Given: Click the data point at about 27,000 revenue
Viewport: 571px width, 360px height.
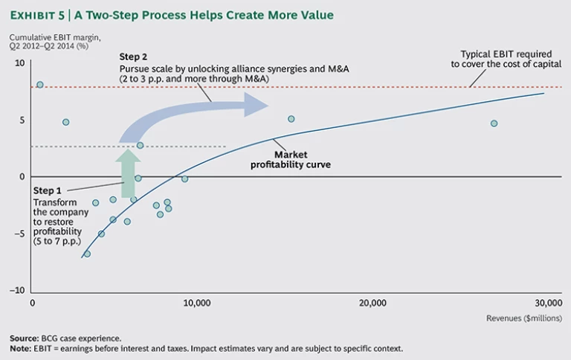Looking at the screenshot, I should pyautogui.click(x=494, y=123).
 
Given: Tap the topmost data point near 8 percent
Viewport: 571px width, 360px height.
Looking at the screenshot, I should pyautogui.click(x=40, y=85).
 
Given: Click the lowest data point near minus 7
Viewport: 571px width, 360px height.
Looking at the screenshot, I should pyautogui.click(x=87, y=254).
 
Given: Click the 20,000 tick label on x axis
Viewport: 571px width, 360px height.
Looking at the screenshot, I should pyautogui.click(x=372, y=303).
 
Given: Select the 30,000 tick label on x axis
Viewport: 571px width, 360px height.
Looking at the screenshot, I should pyautogui.click(x=547, y=303).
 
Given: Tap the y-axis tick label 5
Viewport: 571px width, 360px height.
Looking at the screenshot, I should pyautogui.click(x=22, y=120).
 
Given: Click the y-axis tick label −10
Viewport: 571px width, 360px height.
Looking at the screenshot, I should pyautogui.click(x=19, y=291).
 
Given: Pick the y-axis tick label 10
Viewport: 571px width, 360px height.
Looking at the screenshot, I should pyautogui.click(x=20, y=64).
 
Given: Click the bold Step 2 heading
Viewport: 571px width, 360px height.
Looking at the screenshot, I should pyautogui.click(x=134, y=57).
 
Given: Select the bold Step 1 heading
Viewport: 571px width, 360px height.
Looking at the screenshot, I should pyautogui.click(x=48, y=191).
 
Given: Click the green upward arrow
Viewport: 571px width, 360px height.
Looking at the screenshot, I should pyautogui.click(x=127, y=172).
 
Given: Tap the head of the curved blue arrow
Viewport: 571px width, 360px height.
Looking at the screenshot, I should pyautogui.click(x=257, y=104).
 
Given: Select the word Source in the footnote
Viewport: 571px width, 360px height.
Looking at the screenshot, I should pyautogui.click(x=24, y=338).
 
